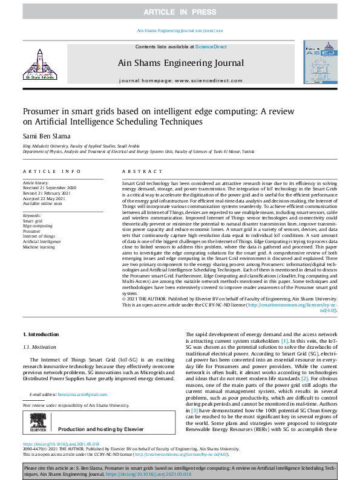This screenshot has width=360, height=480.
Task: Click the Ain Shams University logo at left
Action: tap(38, 64)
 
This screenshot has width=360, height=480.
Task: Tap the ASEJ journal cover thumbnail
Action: tap(321, 61)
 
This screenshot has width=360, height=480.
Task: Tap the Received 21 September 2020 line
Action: tap(50, 187)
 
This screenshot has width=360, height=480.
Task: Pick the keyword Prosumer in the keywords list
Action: tap(32, 231)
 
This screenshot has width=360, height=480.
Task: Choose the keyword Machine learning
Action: tap(39, 247)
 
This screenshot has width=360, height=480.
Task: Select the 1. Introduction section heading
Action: tap(41, 334)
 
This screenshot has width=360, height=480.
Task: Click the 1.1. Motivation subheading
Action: tap(39, 347)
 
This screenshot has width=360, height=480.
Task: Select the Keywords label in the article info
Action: tap(31, 215)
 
